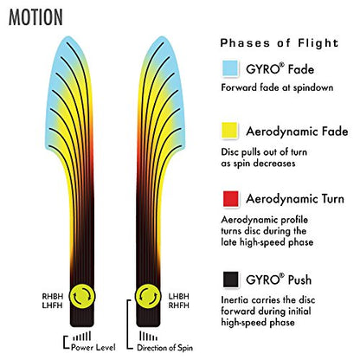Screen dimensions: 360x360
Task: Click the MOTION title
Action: [x=35, y=17]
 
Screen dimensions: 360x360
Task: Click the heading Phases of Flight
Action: [x=280, y=43]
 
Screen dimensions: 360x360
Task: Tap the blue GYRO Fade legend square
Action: [x=230, y=68]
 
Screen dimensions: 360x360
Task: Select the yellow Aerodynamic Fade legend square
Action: [x=229, y=131]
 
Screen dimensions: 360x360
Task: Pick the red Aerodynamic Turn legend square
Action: [x=231, y=198]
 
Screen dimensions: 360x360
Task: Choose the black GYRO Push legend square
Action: [x=231, y=280]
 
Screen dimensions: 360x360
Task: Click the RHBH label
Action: [x=53, y=297]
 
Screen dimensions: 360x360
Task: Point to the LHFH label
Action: [x=52, y=305]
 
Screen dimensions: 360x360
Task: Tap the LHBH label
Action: [x=179, y=297]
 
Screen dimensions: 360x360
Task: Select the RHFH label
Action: [x=179, y=305]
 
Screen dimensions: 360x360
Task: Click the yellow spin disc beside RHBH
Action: [x=82, y=296]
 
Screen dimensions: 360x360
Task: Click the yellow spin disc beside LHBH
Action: [x=148, y=296]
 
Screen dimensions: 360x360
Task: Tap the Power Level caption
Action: [x=93, y=347]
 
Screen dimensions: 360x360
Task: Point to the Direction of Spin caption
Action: [x=165, y=348]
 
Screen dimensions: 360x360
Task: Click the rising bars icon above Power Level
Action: [x=82, y=336]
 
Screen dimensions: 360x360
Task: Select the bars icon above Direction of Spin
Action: [x=148, y=336]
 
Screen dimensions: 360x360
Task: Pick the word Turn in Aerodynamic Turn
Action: [x=330, y=199]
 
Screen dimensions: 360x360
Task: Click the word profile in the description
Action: [x=291, y=221]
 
